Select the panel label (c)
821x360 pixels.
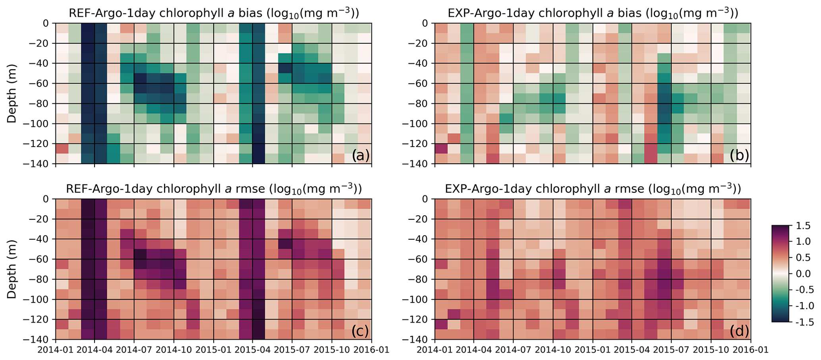360,331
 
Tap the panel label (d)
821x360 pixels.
739,331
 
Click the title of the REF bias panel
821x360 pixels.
214,13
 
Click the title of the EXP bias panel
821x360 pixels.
593,13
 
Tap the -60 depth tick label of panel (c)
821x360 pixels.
41,259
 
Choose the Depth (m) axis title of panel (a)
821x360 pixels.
12,93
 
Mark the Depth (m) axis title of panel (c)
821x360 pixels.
12,269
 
